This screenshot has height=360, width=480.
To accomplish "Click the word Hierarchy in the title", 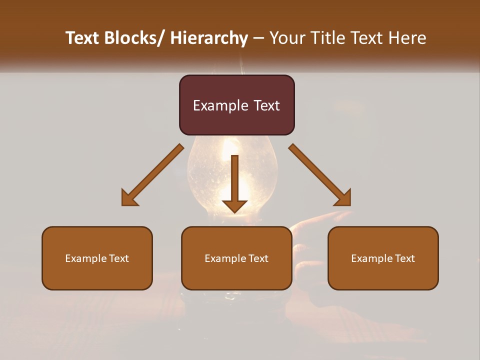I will [209, 38].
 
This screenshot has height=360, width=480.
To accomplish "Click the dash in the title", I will [258, 38].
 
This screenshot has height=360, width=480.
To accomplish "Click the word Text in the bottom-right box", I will [404, 258].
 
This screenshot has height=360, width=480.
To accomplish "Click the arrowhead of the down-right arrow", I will [343, 198].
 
